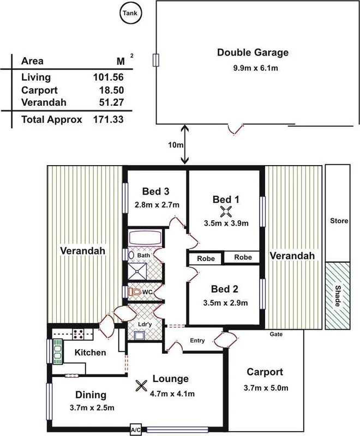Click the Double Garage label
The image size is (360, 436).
253,53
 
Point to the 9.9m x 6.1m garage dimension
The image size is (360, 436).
253,68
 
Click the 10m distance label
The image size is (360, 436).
175,146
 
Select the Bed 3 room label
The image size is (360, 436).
155,191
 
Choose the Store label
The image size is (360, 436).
339,221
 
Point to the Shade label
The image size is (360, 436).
338,296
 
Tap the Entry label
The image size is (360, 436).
197,341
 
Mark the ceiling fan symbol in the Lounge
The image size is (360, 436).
141,385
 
